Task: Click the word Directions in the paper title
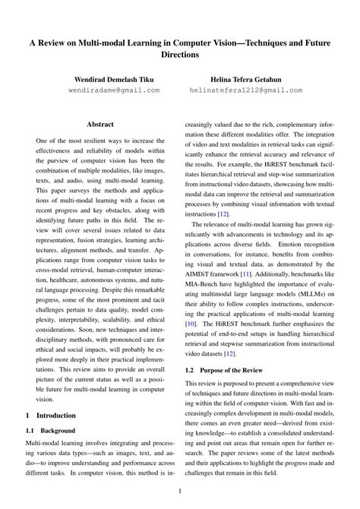click(x=180, y=55)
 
